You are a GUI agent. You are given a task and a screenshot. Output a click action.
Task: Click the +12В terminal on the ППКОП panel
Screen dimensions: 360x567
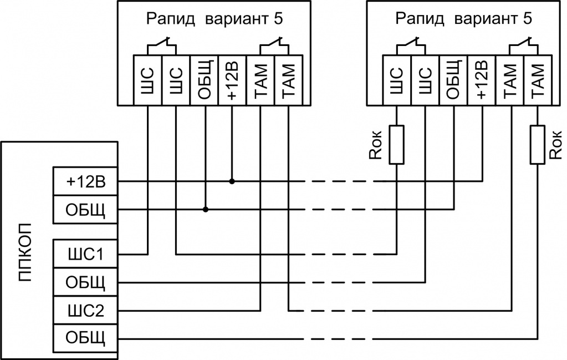[x=85, y=181]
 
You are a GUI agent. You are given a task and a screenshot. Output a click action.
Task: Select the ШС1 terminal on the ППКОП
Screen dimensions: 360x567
[x=85, y=254]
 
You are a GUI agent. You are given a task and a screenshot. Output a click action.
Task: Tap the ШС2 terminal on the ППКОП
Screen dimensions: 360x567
[x=85, y=310]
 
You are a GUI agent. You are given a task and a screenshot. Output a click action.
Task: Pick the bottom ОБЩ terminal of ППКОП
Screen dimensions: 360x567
[x=85, y=338]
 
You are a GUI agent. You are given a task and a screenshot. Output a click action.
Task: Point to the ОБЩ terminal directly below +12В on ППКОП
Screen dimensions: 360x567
[x=85, y=210]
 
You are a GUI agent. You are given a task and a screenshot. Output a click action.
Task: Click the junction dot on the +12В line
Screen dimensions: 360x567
[x=232, y=181]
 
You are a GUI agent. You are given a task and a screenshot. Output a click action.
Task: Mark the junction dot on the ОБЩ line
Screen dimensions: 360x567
[x=205, y=210]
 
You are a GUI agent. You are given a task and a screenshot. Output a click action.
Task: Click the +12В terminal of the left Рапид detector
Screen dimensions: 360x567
[x=232, y=80]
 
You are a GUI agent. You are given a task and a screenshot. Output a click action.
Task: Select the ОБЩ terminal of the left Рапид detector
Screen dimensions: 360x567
[x=205, y=80]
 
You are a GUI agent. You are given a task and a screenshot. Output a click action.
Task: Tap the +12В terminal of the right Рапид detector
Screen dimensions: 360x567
[x=482, y=80]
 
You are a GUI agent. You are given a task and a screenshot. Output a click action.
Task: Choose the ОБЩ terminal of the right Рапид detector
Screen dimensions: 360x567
[x=453, y=80]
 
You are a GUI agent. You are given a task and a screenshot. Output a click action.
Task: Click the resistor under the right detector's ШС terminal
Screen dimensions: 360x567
[x=397, y=145]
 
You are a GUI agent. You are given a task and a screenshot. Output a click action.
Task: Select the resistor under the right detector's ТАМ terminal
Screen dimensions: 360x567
[x=537, y=145]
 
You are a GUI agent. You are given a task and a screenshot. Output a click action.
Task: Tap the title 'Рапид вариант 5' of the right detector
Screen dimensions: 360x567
[x=464, y=19]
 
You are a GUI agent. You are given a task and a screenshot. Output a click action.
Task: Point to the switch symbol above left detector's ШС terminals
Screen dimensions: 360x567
[x=161, y=44]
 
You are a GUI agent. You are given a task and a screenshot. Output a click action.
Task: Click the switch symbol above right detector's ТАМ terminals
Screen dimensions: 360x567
[x=524, y=44]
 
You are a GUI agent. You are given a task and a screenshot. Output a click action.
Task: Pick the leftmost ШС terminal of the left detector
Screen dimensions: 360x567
[x=148, y=80]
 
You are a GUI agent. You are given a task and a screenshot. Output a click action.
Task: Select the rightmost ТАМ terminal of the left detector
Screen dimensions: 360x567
[x=288, y=80]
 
